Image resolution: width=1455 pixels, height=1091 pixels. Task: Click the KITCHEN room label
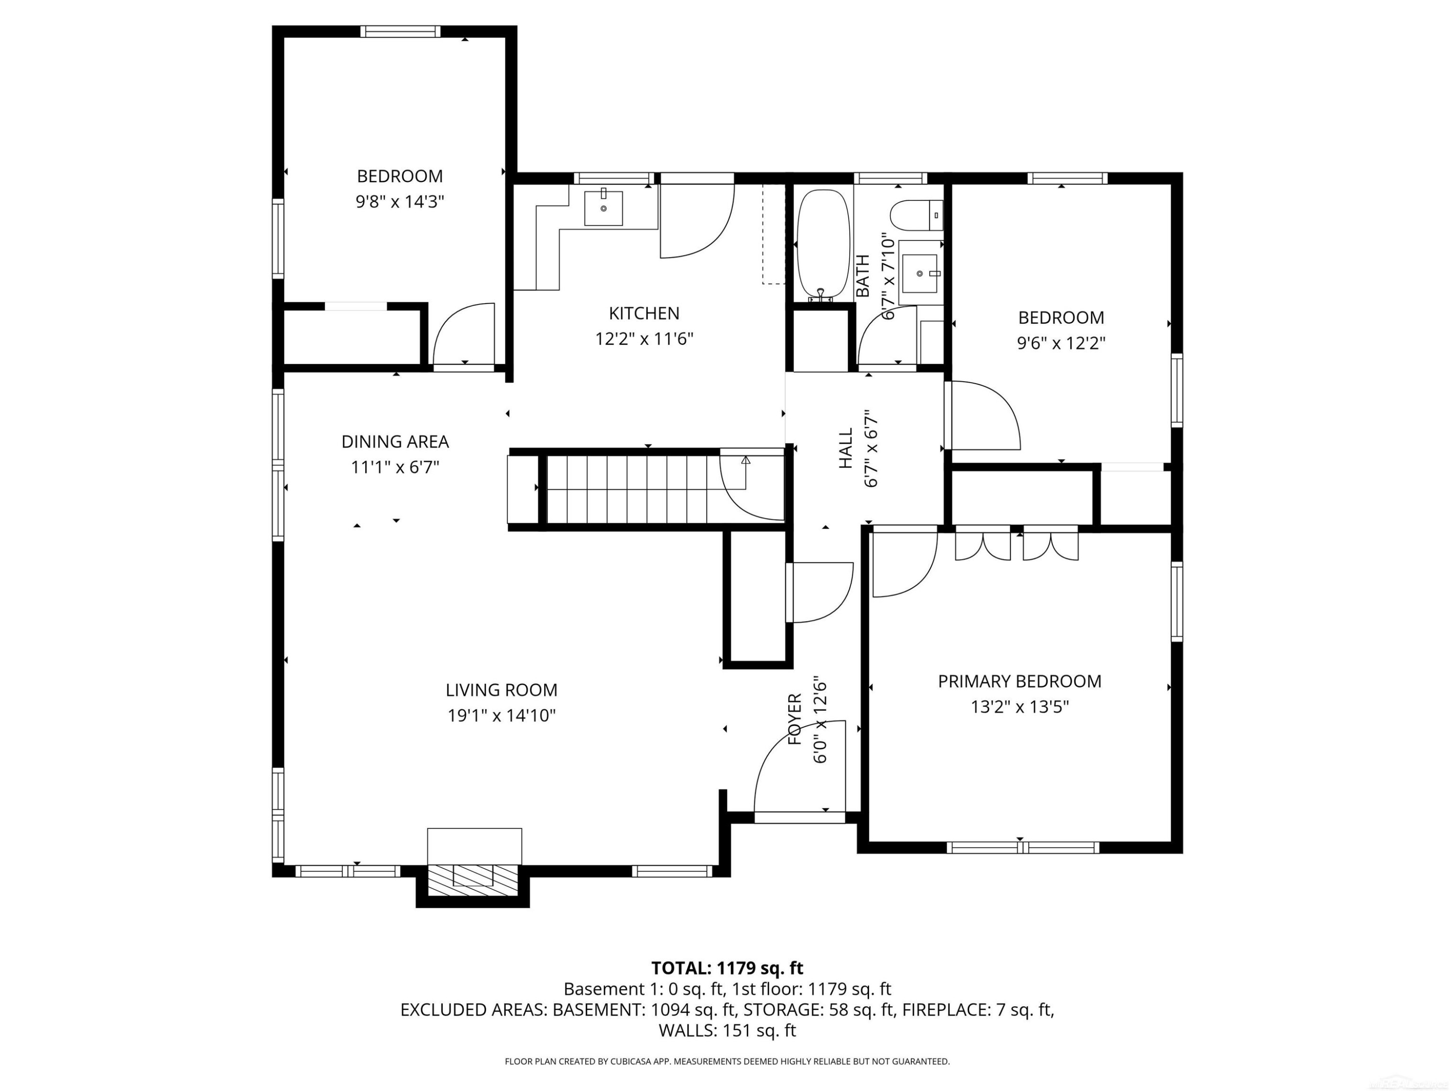tap(644, 313)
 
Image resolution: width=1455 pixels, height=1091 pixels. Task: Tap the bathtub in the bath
tap(823, 246)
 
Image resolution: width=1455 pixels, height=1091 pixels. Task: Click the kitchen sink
tap(603, 208)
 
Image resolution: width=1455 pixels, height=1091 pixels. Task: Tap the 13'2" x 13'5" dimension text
tap(1019, 707)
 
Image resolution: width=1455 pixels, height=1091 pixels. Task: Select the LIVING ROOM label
tap(501, 690)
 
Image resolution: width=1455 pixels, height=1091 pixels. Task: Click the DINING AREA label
tap(395, 441)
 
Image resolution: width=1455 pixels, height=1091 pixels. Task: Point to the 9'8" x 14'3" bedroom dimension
tap(400, 201)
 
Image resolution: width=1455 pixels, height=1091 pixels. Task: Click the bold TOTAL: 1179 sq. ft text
tap(727, 968)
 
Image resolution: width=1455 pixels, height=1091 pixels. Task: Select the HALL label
tap(845, 448)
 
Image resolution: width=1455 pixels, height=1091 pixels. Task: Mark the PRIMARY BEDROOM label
tap(1019, 681)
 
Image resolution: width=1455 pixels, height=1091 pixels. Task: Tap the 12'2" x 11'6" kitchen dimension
tap(644, 338)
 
